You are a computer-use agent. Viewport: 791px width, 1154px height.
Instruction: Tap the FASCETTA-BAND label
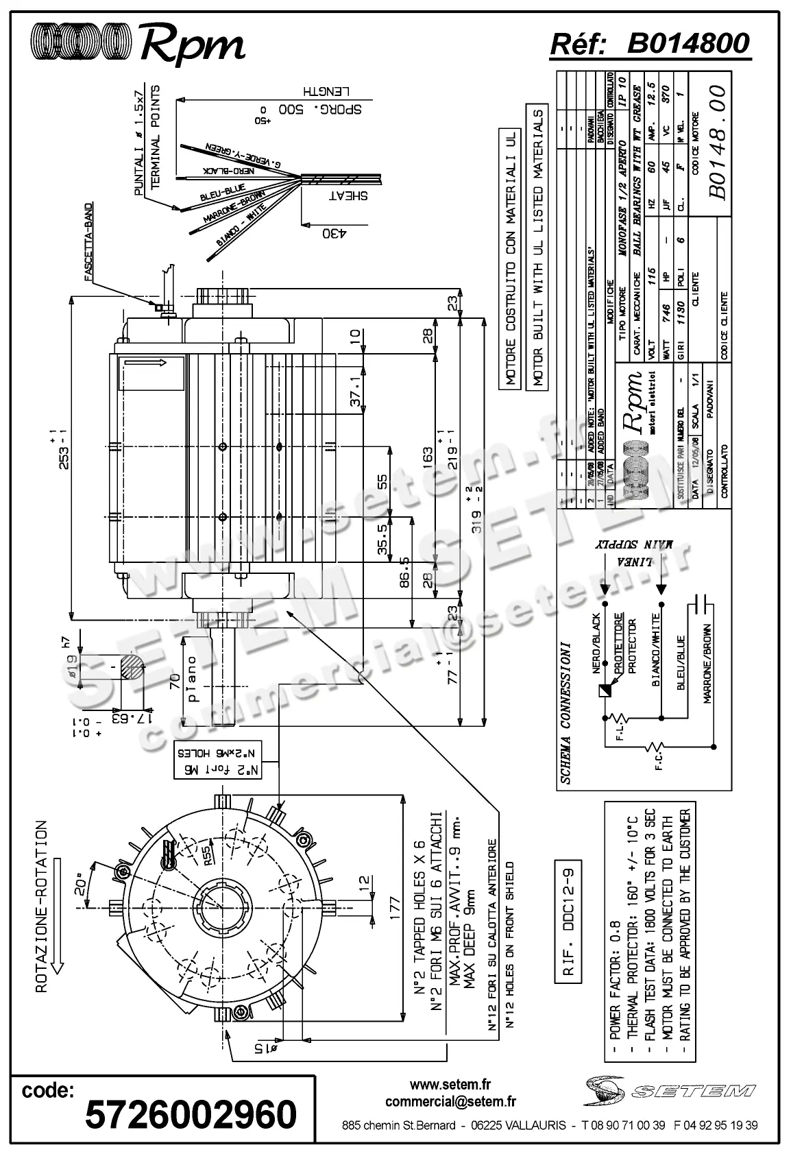pos(88,243)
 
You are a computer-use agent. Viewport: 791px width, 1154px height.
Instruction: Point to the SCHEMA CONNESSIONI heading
pos(565,713)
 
